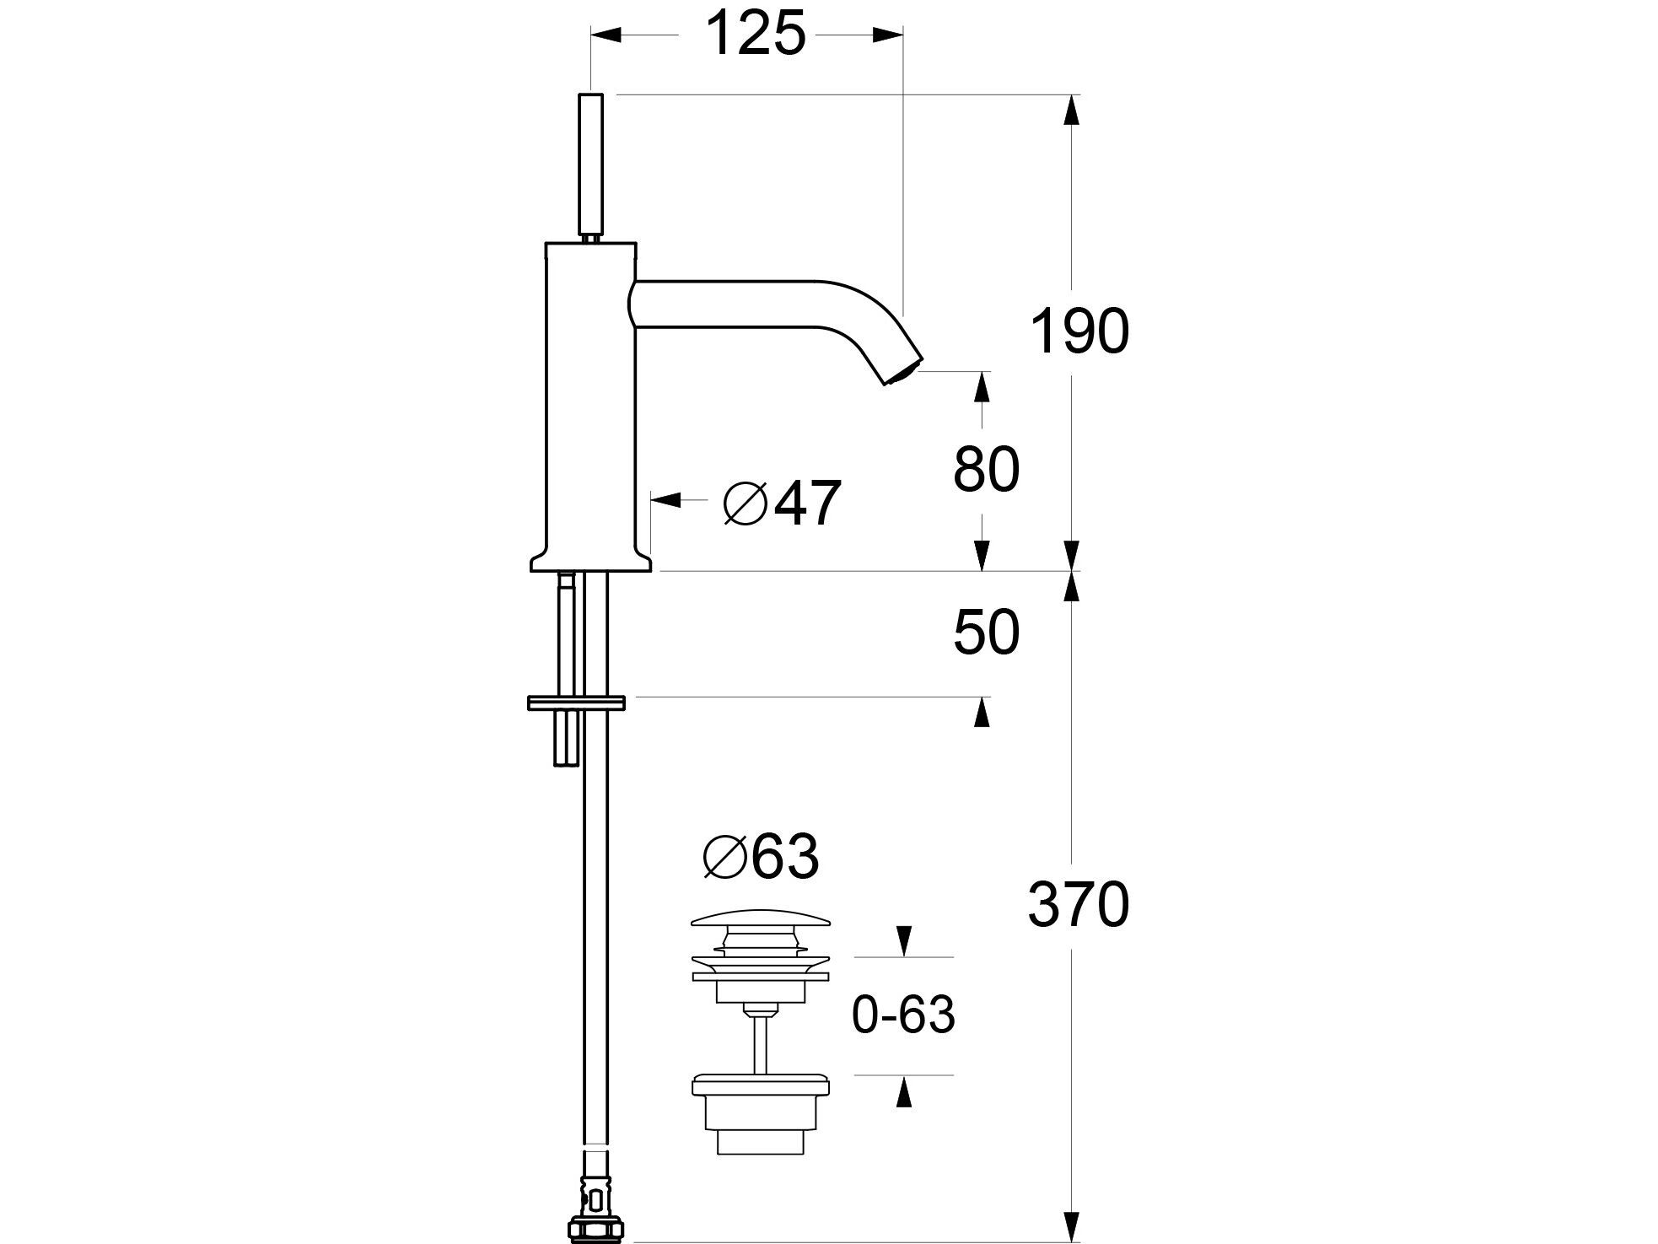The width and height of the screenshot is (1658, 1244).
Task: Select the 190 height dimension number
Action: point(1079,331)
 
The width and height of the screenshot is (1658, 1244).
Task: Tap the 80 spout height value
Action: point(986,470)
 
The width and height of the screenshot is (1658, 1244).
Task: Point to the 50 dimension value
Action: point(986,633)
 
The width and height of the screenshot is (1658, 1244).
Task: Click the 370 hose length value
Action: point(1079,905)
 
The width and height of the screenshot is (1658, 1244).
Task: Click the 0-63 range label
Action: point(903,1015)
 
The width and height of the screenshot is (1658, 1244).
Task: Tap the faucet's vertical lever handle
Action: point(592,164)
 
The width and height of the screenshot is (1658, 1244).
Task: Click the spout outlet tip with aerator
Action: point(902,372)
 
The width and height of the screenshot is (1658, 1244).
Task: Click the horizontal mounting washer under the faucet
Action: point(576,702)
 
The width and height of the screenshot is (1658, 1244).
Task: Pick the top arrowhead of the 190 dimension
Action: point(1071,110)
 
